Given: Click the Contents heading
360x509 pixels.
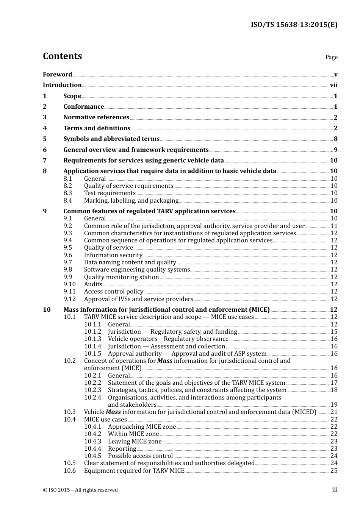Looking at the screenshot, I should [62, 56].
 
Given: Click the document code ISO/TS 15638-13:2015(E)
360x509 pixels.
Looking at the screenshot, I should [294, 25].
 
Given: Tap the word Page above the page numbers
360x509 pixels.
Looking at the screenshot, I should [331, 57].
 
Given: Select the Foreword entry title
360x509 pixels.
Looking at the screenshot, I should [57, 75].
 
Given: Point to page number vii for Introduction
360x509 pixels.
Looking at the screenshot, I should [333, 85].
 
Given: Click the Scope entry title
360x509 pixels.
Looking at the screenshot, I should [72, 96].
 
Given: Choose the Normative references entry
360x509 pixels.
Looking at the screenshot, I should [96, 117].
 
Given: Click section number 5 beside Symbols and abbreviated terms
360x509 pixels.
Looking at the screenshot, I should [45, 139].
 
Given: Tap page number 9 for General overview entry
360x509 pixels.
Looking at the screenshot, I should [335, 150].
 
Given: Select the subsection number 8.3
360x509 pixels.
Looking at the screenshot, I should [68, 193].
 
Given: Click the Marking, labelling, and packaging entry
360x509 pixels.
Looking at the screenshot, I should [131, 201].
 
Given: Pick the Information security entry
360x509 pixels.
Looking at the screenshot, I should [113, 255].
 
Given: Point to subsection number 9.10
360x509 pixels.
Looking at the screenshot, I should [69, 284].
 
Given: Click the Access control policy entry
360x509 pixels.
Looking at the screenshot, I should [114, 292].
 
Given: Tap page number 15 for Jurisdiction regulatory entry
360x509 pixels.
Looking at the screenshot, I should [334, 332].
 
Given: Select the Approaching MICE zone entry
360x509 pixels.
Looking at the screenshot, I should [142, 427].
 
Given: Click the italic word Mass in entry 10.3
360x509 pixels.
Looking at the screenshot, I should [113, 412].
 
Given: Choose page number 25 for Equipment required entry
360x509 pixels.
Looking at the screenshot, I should [334, 471].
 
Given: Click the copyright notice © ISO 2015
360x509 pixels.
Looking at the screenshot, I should [80, 490].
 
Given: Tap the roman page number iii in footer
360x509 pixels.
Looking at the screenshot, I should [335, 490].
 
